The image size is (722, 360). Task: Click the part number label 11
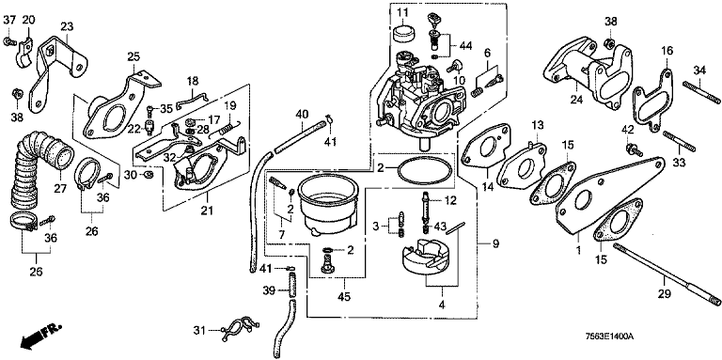click(x=402, y=11)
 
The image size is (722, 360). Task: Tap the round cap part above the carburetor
click(x=404, y=35)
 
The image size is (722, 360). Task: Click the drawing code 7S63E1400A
click(x=608, y=337)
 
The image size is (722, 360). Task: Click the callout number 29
click(x=665, y=292)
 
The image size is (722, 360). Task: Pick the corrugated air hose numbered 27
click(x=39, y=170)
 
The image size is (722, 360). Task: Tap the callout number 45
click(x=343, y=297)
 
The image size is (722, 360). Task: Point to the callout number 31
click(x=198, y=330)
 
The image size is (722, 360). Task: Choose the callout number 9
click(x=495, y=244)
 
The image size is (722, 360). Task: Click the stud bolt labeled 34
click(x=700, y=91)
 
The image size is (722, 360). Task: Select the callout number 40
click(x=301, y=113)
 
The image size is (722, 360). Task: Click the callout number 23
click(x=67, y=26)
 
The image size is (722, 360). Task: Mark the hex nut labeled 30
click(x=148, y=174)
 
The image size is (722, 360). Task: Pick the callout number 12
click(x=449, y=200)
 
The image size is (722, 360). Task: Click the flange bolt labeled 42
click(x=634, y=149)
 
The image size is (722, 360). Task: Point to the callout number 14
click(x=487, y=186)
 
